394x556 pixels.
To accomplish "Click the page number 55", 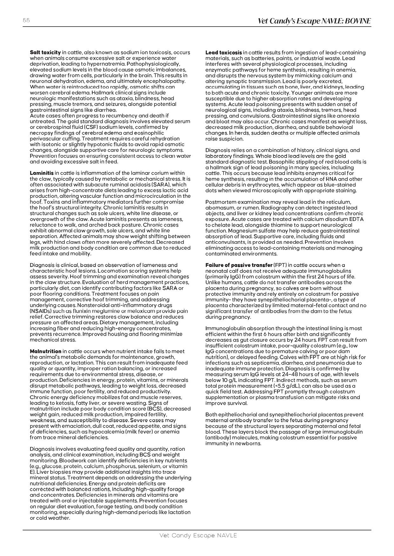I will [26, 20].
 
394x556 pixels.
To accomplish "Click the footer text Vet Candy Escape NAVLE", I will [198, 535].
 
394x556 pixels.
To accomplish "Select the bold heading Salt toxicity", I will [45, 53].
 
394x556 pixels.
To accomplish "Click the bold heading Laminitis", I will [42, 173].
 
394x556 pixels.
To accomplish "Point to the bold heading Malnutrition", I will [45, 351].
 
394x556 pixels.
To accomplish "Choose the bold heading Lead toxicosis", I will [224, 53].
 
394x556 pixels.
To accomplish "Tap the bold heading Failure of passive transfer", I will [239, 265].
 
